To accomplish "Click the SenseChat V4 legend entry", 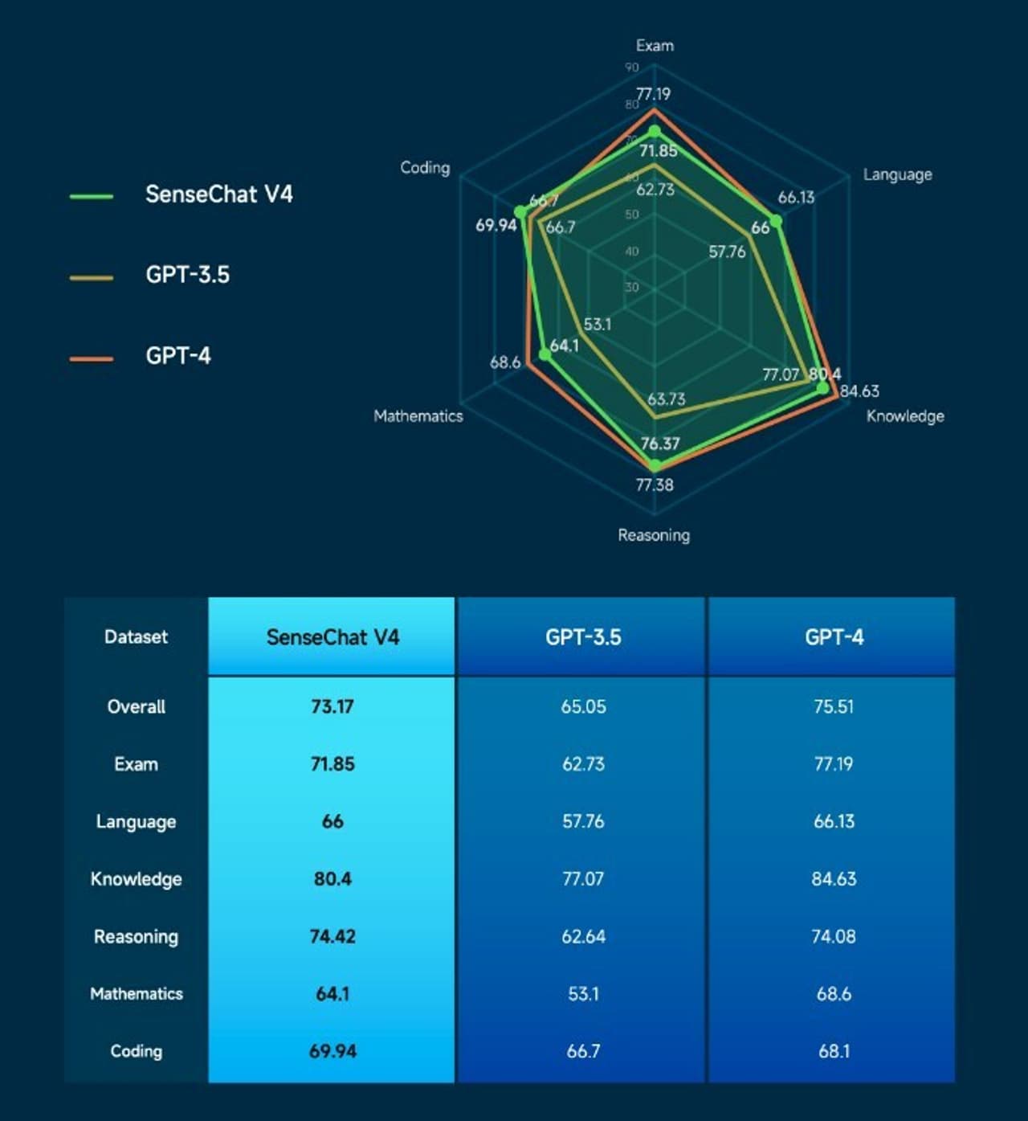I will click(x=218, y=194).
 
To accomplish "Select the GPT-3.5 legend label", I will click(x=187, y=275).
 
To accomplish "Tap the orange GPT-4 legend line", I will click(x=91, y=358).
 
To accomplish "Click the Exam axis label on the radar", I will click(x=655, y=46).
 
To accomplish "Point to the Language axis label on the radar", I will click(x=897, y=174).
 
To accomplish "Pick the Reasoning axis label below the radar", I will click(x=654, y=535).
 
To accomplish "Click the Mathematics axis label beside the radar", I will click(x=418, y=416).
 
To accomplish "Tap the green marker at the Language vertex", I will click(x=775, y=220).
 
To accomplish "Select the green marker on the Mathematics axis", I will click(x=545, y=354).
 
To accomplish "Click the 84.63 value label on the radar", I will click(x=859, y=391).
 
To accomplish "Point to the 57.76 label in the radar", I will click(x=727, y=252).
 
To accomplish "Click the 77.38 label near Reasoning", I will click(x=655, y=485).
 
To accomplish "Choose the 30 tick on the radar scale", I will click(x=632, y=287).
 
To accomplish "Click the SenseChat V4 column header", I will click(x=332, y=637).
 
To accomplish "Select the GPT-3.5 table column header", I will click(x=583, y=637).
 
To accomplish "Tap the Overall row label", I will click(x=136, y=707).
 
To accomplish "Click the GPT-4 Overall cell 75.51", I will click(x=834, y=707).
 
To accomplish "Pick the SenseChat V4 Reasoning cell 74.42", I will click(x=332, y=937).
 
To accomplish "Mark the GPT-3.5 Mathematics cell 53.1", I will click(x=583, y=994).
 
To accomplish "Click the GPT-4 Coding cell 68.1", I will click(x=834, y=1051).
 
